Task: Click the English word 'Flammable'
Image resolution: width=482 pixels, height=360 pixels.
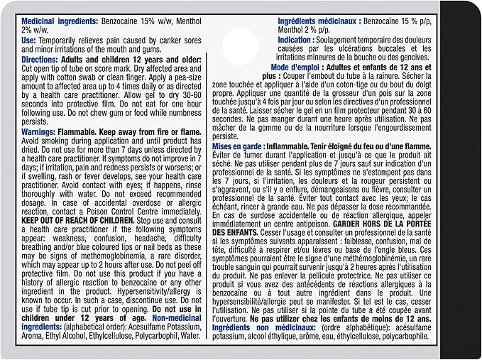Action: click(x=95, y=133)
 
